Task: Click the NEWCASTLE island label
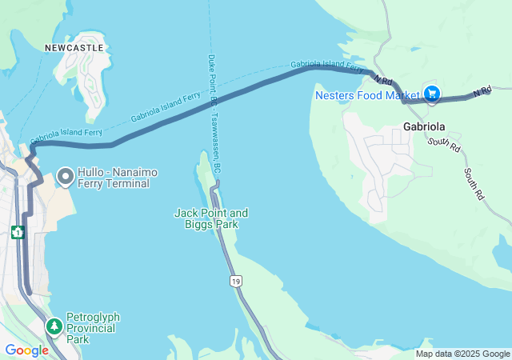click(74, 48)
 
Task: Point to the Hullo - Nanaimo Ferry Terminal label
click(114, 178)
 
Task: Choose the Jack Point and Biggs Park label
click(211, 218)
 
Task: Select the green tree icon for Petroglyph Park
click(54, 326)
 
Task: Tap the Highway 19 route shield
click(235, 281)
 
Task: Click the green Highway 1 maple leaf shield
click(18, 233)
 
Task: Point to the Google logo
click(26, 350)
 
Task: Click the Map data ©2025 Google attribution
click(462, 354)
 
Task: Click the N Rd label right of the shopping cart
click(481, 93)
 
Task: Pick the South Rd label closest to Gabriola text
click(443, 144)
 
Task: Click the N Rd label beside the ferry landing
click(382, 80)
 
